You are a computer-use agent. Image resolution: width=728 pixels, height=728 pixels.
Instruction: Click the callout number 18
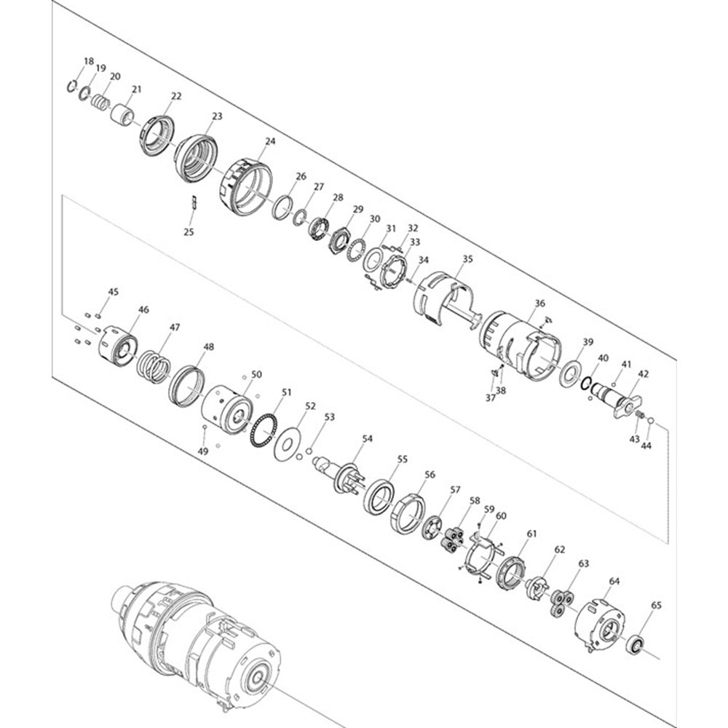pyautogui.click(x=89, y=61)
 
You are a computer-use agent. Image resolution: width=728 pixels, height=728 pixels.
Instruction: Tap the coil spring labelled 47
pyautogui.click(x=152, y=365)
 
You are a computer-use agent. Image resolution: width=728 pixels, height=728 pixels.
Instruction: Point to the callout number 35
pyautogui.click(x=467, y=258)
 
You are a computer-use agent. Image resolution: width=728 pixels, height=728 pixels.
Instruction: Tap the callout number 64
pyautogui.click(x=614, y=581)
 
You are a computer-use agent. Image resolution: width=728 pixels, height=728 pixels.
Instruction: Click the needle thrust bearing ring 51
pyautogui.click(x=263, y=430)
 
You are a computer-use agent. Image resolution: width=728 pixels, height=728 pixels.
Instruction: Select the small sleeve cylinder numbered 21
pyautogui.click(x=122, y=114)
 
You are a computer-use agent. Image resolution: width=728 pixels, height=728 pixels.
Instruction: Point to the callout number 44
pyautogui.click(x=646, y=446)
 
